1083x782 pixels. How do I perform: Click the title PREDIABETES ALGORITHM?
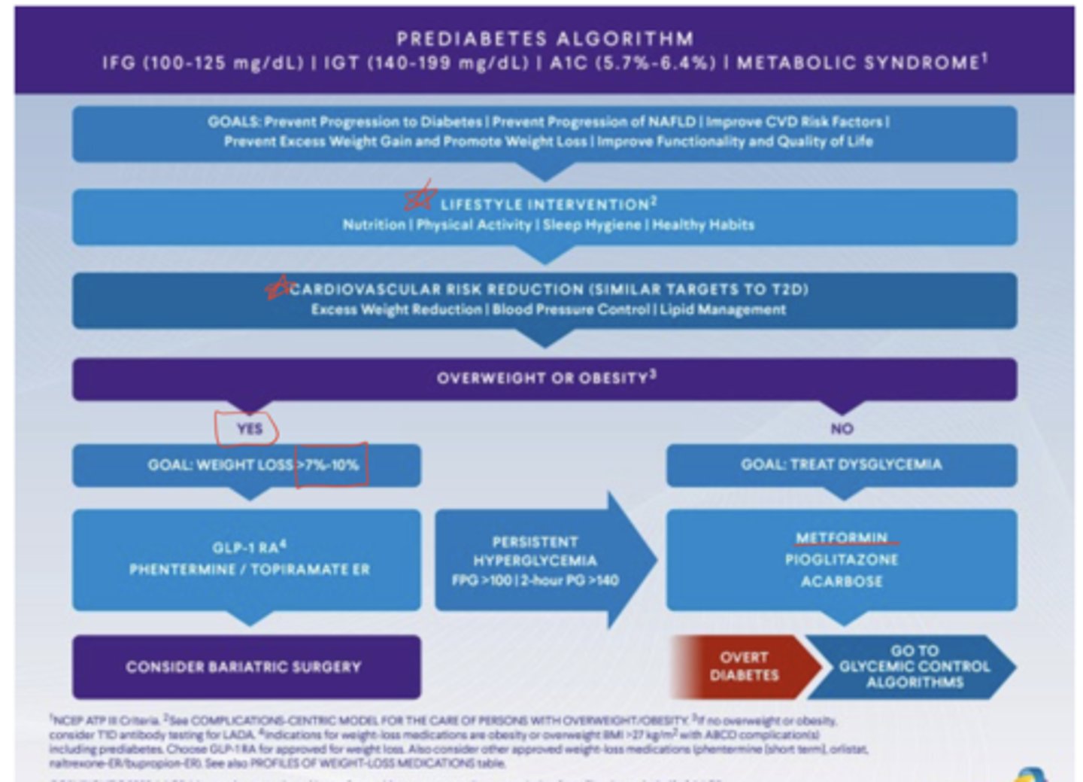click(545, 38)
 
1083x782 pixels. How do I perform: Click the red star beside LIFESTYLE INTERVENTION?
click(420, 198)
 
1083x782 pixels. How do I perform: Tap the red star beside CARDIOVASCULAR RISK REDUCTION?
click(278, 287)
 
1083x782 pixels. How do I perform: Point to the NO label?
click(842, 429)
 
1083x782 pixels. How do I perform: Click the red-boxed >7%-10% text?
click(332, 465)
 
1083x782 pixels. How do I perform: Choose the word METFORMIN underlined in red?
click(842, 537)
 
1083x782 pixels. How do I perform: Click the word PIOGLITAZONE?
click(842, 559)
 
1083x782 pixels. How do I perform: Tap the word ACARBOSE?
click(842, 581)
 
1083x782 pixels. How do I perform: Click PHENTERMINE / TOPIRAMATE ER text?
click(250, 569)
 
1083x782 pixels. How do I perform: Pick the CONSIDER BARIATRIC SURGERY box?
click(246, 667)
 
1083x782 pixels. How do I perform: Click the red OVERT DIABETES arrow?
click(744, 666)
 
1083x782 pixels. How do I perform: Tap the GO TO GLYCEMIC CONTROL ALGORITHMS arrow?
click(914, 666)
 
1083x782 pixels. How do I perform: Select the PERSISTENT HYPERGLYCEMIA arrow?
click(535, 561)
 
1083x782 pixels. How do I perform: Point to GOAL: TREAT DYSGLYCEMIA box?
click(841, 465)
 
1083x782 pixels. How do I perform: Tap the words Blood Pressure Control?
click(572, 309)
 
